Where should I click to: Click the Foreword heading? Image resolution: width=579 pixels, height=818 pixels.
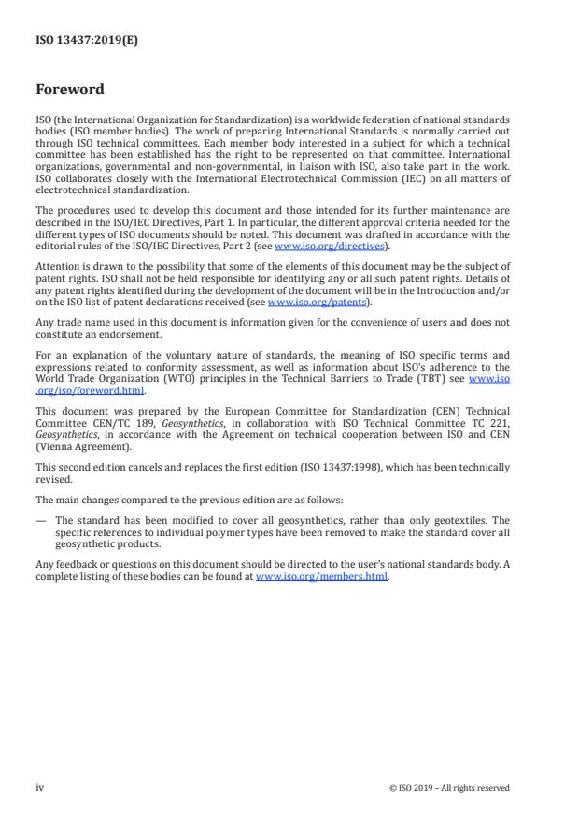tap(69, 91)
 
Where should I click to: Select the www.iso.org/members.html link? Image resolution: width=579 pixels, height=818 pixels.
tap(321, 576)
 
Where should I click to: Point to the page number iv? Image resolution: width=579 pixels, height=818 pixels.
tap(39, 787)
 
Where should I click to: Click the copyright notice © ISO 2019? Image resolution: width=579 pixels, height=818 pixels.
tap(449, 788)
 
